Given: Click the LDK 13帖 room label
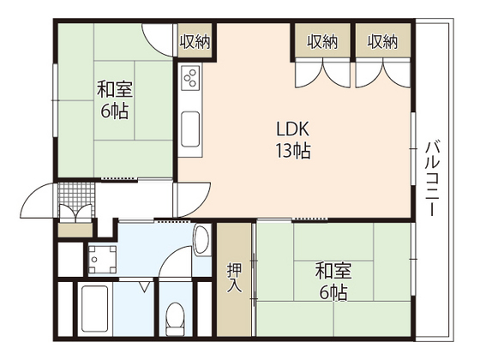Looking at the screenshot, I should [292, 141].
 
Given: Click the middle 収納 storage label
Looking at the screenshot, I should [321, 40].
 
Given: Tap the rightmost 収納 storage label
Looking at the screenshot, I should [383, 40].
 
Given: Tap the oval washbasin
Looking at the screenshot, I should [202, 240].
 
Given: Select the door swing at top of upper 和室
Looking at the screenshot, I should [159, 39].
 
